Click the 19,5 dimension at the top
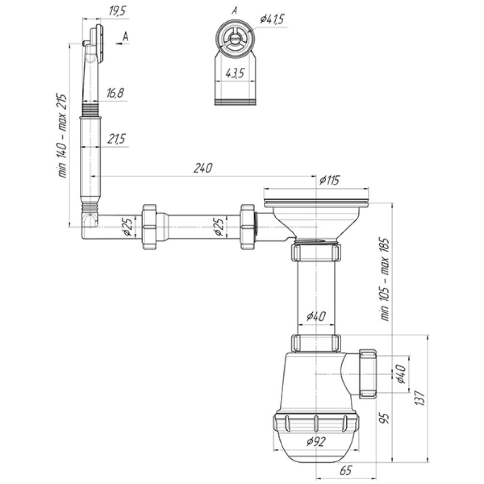coord(117,12)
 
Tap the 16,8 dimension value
coord(116,93)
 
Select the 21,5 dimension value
coord(116,139)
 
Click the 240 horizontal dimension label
coord(203,168)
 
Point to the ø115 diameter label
coord(329,180)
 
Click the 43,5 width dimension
coord(235,73)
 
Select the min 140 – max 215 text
coord(62,136)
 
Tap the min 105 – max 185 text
coord(386,279)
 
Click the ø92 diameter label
coord(316,442)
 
